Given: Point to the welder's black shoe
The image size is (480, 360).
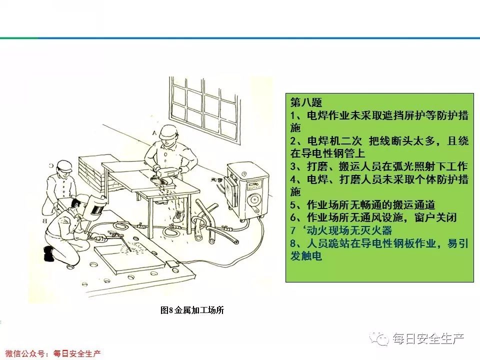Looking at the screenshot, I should [48, 253].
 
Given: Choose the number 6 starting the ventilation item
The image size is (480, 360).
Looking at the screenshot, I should [293, 218].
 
